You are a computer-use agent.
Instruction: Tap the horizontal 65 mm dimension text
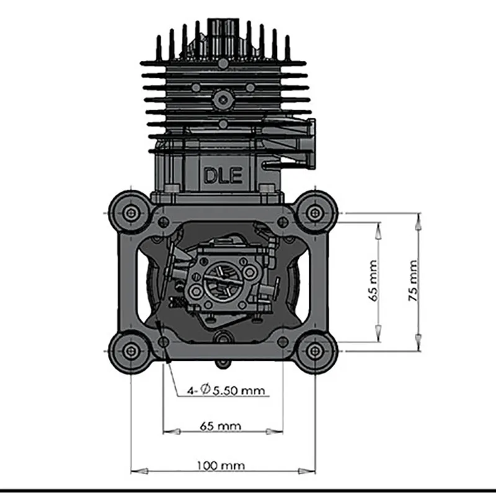click(x=221, y=426)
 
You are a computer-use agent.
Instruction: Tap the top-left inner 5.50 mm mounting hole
click(x=163, y=222)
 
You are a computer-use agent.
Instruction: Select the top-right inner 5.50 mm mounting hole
click(x=283, y=222)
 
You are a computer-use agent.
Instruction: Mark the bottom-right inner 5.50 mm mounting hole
click(x=283, y=342)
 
